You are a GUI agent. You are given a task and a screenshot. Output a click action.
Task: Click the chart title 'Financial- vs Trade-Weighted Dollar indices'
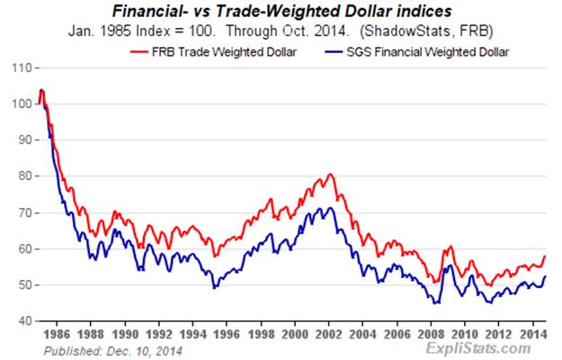click(x=280, y=13)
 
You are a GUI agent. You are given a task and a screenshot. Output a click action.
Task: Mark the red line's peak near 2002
click(x=331, y=174)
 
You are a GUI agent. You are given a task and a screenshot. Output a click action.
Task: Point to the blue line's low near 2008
click(x=436, y=303)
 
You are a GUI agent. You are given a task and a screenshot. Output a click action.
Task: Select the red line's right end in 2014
click(x=545, y=256)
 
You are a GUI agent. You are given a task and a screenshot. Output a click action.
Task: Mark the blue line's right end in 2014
click(x=545, y=277)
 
